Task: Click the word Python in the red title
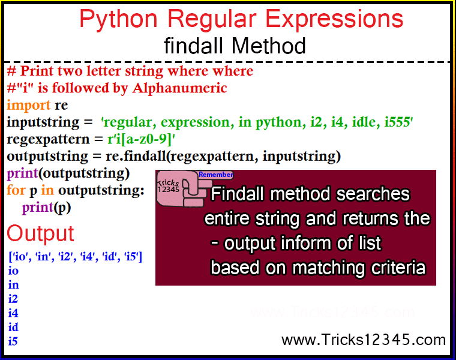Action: [x=118, y=19]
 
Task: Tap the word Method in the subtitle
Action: [x=269, y=46]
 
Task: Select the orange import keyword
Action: [x=29, y=105]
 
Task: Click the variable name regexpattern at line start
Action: [x=48, y=139]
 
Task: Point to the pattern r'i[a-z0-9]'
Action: [x=141, y=139]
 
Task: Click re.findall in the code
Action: [x=136, y=156]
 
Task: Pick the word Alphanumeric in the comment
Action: [x=179, y=88]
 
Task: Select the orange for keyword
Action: [x=16, y=190]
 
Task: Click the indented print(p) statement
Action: [x=46, y=208]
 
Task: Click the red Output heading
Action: [x=40, y=234]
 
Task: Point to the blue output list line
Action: [x=76, y=256]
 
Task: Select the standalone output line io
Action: [x=13, y=271]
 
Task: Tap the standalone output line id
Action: [x=13, y=327]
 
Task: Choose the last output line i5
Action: [x=13, y=341]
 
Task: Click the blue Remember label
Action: [x=215, y=175]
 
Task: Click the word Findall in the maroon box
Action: [x=237, y=194]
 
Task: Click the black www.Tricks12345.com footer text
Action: [x=364, y=340]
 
